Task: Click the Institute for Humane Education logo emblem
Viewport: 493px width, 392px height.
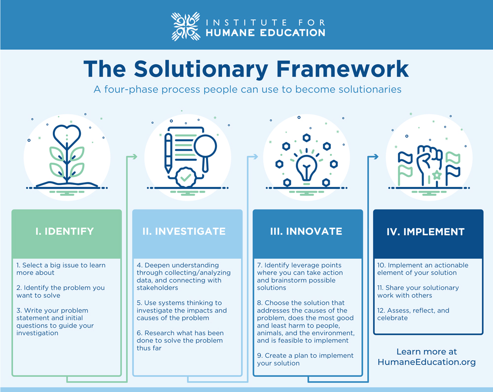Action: [185, 27]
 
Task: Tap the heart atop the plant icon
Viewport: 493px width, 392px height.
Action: [67, 135]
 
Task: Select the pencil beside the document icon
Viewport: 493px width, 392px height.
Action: [168, 153]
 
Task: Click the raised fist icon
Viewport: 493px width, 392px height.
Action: [429, 164]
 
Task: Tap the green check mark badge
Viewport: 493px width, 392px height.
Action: [186, 178]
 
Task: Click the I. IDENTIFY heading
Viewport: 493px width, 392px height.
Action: [65, 231]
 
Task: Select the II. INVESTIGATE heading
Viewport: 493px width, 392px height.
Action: [184, 231]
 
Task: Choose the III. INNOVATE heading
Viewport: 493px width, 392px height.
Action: [306, 231]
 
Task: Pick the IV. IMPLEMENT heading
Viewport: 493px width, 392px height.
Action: [425, 232]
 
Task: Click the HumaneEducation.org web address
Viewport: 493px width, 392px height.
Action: [426, 362]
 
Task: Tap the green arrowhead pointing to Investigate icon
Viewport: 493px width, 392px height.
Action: [135, 156]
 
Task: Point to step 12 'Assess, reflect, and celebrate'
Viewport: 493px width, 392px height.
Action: [413, 314]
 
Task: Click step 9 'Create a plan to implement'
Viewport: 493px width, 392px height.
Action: [305, 359]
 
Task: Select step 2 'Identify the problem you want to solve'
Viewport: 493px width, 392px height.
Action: [60, 291]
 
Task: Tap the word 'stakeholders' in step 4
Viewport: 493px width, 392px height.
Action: [157, 287]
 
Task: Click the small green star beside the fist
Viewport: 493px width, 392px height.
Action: [437, 175]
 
